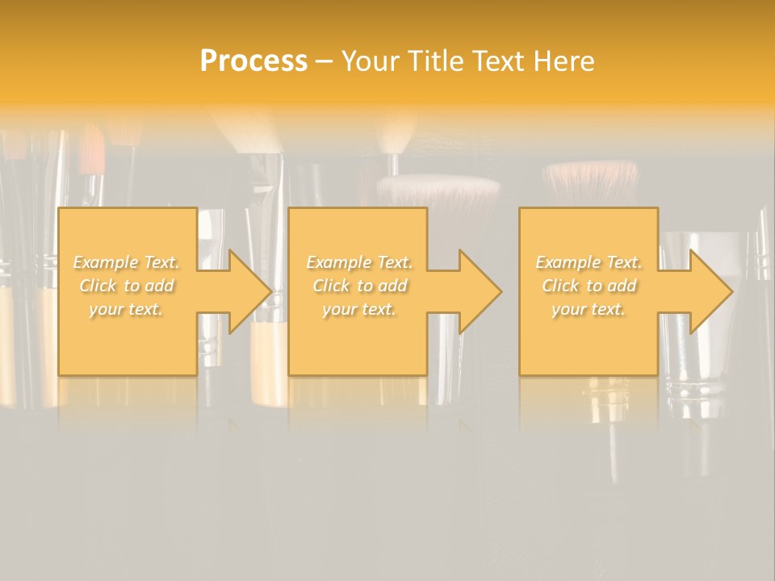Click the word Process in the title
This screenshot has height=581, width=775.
tap(253, 61)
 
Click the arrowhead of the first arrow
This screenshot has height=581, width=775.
tap(249, 291)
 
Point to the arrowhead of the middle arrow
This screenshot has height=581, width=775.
tap(480, 291)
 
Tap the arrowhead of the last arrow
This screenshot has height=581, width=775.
tap(710, 291)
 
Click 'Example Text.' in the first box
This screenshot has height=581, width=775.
tap(126, 262)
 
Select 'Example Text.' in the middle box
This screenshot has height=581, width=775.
tap(358, 262)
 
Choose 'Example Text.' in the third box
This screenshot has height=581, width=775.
tap(589, 262)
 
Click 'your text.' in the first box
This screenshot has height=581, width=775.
tap(126, 309)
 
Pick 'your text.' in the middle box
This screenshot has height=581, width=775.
tap(358, 309)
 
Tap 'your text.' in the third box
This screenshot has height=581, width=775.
tap(589, 309)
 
